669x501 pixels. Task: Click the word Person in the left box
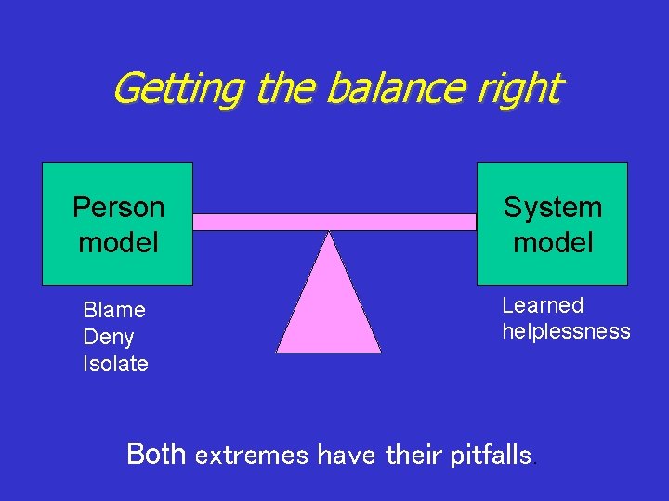[x=118, y=206]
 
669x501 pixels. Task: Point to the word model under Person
[x=118, y=242]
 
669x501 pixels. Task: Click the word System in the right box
[x=553, y=206]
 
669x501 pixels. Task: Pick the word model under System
[x=553, y=242]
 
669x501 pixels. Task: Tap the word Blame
[x=114, y=310]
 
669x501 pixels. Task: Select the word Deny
[x=109, y=337]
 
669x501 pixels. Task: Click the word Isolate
[x=115, y=364]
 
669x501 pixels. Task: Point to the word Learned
[x=543, y=305]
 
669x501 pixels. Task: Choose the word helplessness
[x=566, y=331]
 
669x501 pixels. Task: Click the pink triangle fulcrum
[x=329, y=306]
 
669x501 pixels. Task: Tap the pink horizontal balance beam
[x=334, y=222]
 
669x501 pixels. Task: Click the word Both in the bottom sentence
[x=157, y=454]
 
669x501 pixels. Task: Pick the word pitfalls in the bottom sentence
[x=491, y=456]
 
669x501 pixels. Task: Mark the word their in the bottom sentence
[x=413, y=455]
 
